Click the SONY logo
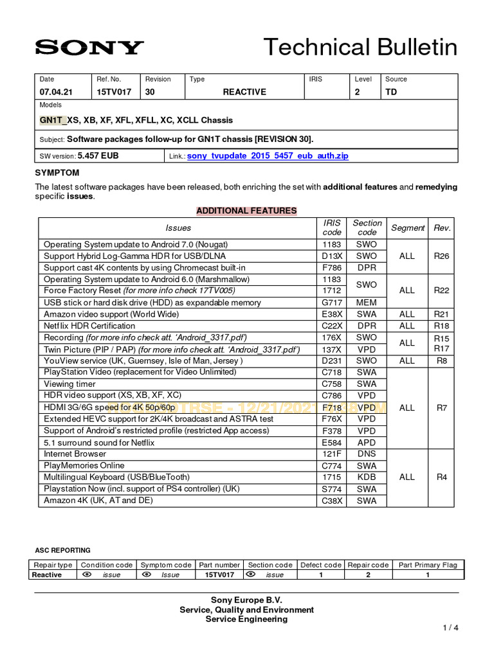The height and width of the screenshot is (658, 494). tap(89, 47)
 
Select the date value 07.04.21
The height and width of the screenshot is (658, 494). tap(56, 92)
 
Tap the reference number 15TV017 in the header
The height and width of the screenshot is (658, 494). tap(114, 92)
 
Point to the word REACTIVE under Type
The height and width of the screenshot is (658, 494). tap(244, 92)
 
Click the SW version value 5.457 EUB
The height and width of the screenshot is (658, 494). tap(98, 156)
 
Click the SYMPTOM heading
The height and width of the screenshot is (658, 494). tap(57, 173)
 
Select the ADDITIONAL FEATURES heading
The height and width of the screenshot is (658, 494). tap(246, 211)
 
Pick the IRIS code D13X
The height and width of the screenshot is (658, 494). tap(332, 256)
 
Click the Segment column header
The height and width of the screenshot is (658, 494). tap(408, 227)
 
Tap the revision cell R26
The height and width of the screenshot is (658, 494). tap(441, 256)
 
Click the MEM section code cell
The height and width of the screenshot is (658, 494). tap(367, 303)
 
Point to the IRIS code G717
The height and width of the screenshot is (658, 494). tap(332, 303)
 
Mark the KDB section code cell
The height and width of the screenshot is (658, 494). tap(367, 477)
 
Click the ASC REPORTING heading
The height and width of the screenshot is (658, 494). tap(62, 550)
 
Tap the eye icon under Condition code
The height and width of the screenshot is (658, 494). tap(87, 574)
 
